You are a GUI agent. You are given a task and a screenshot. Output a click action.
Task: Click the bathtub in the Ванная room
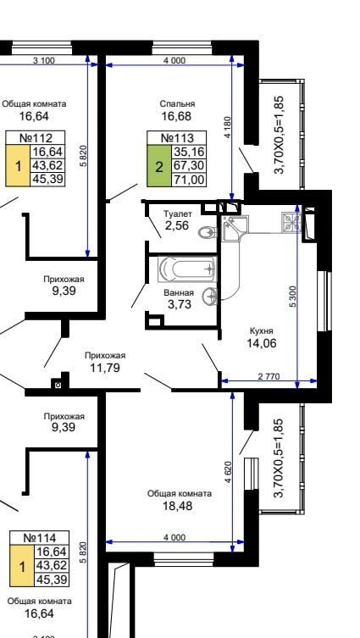point(187,269)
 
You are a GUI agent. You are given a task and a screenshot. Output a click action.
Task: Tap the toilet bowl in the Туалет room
point(208,233)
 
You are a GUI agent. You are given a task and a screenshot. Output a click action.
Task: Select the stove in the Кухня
point(291,223)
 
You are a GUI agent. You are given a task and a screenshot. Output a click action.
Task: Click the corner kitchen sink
point(232,226)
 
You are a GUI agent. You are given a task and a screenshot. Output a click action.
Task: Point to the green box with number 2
point(159,166)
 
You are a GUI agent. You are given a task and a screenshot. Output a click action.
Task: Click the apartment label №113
point(177,137)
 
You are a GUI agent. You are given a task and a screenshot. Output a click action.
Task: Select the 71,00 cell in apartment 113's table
point(189,180)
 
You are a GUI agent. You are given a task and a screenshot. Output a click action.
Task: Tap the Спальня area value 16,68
point(176,117)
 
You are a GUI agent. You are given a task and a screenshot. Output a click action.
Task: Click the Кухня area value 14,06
point(261,343)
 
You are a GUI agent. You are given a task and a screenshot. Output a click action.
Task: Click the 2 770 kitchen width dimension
point(269,377)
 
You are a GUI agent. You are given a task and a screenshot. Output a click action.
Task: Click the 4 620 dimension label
point(228,472)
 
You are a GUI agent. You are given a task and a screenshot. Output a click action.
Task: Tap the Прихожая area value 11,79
point(105,368)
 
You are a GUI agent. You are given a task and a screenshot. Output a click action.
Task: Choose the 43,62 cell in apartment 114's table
point(52,566)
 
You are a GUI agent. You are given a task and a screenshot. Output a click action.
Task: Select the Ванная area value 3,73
point(179,304)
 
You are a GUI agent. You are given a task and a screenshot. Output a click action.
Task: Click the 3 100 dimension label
point(43,61)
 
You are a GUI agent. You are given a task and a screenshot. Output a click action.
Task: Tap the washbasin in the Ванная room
point(210,296)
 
